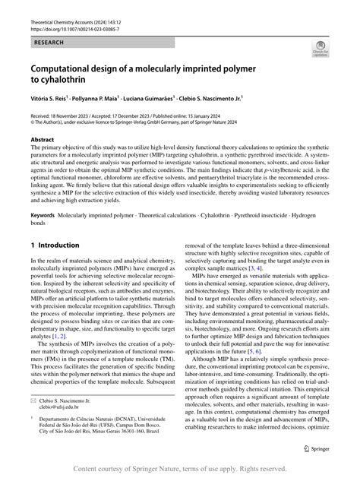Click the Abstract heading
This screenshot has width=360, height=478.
pyautogui.click(x=43, y=141)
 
